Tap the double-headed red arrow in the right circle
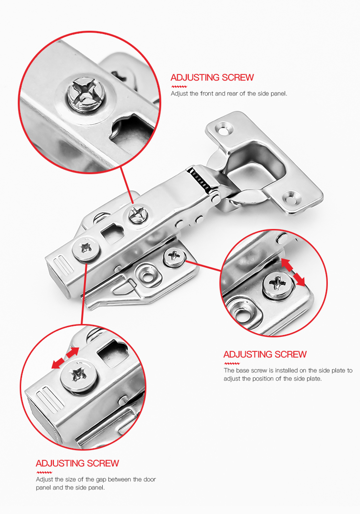pos(293,272)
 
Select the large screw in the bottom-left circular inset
pos(79,376)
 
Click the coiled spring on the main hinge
pos(200,180)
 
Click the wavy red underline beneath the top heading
pos(179,86)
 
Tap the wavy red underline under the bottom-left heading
pos(44,472)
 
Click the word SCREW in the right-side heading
pos(290,354)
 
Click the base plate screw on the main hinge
pos(174,256)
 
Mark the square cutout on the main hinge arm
pos(112,233)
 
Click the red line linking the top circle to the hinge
pos(127,185)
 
